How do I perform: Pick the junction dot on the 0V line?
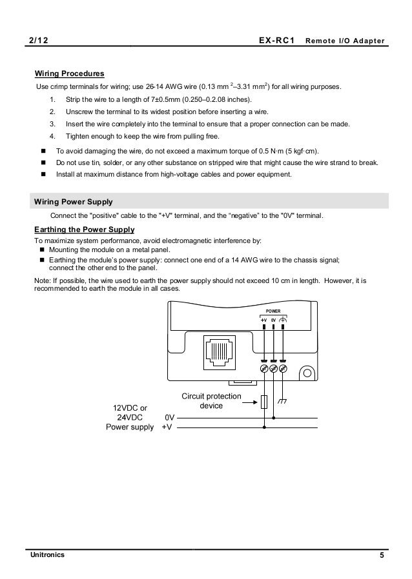274,418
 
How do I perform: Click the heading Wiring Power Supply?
73,201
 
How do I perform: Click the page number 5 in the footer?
382,555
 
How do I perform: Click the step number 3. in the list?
52,123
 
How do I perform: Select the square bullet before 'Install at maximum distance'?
43,174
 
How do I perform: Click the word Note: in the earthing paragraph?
42,280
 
